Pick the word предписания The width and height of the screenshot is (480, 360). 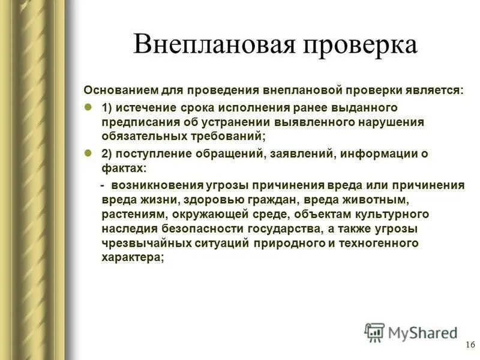click(x=137, y=122)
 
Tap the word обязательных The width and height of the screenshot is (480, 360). click(x=142, y=137)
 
